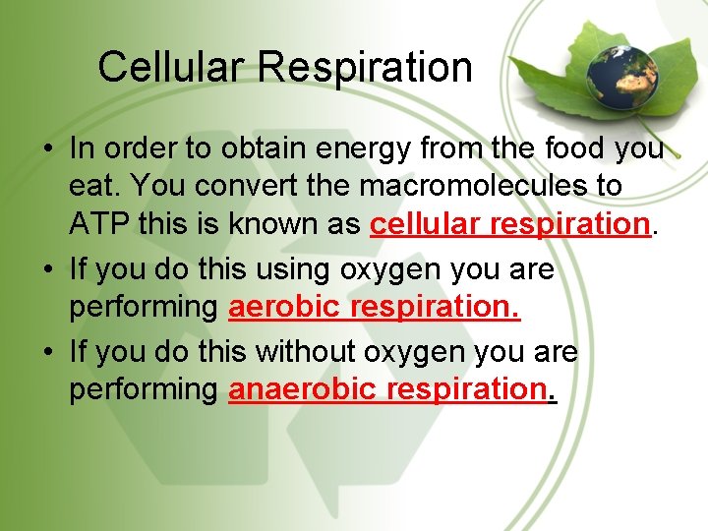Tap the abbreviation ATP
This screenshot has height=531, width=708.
click(x=99, y=224)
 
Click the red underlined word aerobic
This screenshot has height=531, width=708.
click(x=288, y=307)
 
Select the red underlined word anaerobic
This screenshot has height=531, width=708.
click(x=303, y=389)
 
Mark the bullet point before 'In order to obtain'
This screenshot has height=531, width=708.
click(x=47, y=149)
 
